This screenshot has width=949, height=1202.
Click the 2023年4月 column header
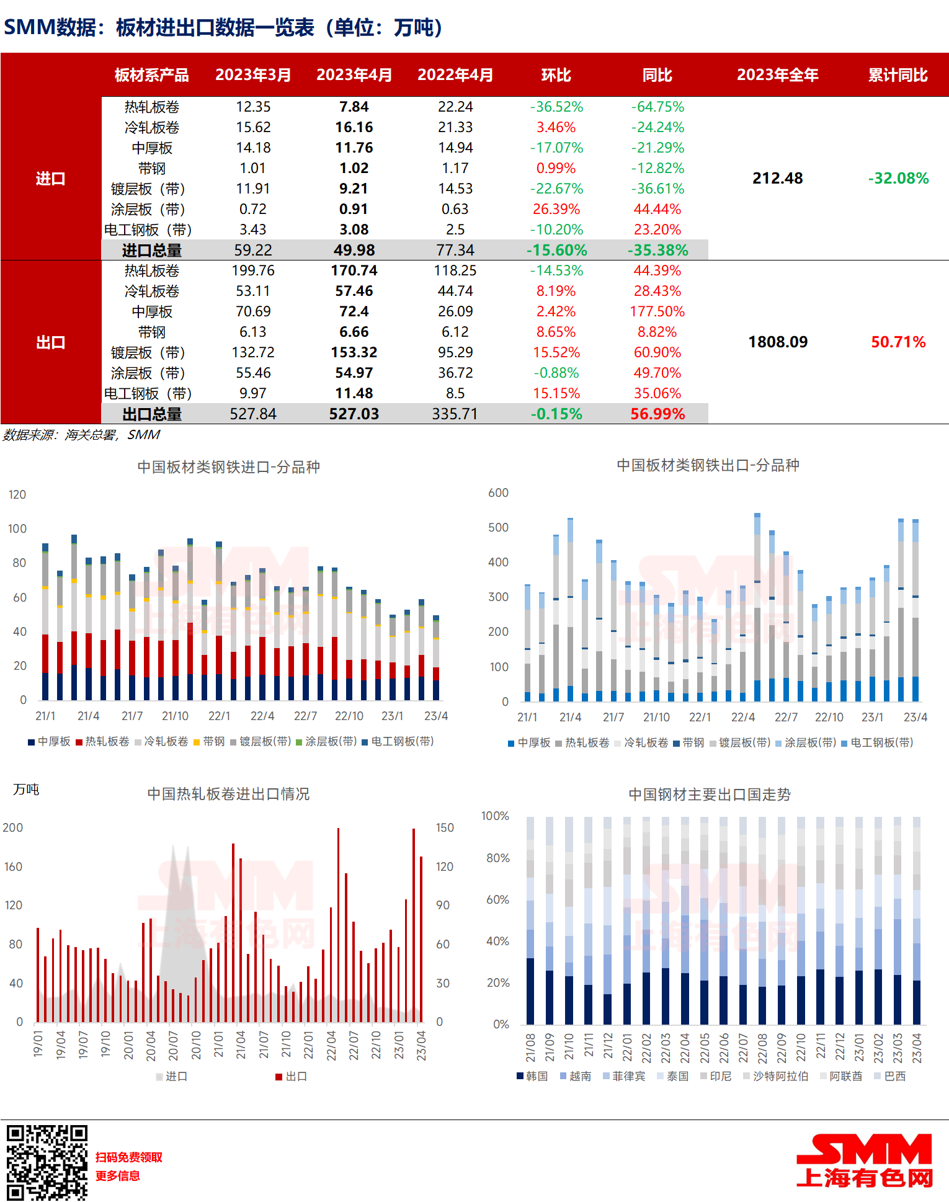pyautogui.click(x=354, y=75)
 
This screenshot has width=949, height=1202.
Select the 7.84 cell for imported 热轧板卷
pyautogui.click(x=354, y=107)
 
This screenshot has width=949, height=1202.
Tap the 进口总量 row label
pyautogui.click(x=151, y=251)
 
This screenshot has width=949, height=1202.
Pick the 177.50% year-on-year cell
pyautogui.click(x=657, y=311)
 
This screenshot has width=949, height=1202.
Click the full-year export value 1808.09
pyautogui.click(x=778, y=342)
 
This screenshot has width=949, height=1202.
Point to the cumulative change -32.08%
pyautogui.click(x=898, y=179)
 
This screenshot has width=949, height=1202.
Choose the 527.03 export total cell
pyautogui.click(x=354, y=414)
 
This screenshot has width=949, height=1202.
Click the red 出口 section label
pyautogui.click(x=50, y=342)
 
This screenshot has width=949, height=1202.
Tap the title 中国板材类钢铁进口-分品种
pyautogui.click(x=228, y=467)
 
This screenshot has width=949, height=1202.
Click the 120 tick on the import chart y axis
pyautogui.click(x=17, y=494)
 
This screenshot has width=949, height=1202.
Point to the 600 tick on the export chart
pyautogui.click(x=498, y=492)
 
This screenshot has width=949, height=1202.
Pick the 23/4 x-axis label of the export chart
pyautogui.click(x=915, y=717)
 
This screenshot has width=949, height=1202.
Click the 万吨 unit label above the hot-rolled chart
pyautogui.click(x=26, y=789)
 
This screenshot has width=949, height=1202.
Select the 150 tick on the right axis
pyautogui.click(x=445, y=827)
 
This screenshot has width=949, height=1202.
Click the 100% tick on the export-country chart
pyautogui.click(x=495, y=816)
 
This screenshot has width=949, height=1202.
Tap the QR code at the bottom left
pyautogui.click(x=47, y=1162)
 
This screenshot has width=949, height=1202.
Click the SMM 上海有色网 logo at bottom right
pyautogui.click(x=864, y=1160)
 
